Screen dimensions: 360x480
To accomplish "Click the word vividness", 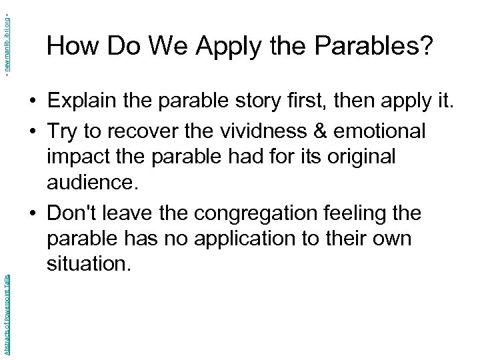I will (267, 131).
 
